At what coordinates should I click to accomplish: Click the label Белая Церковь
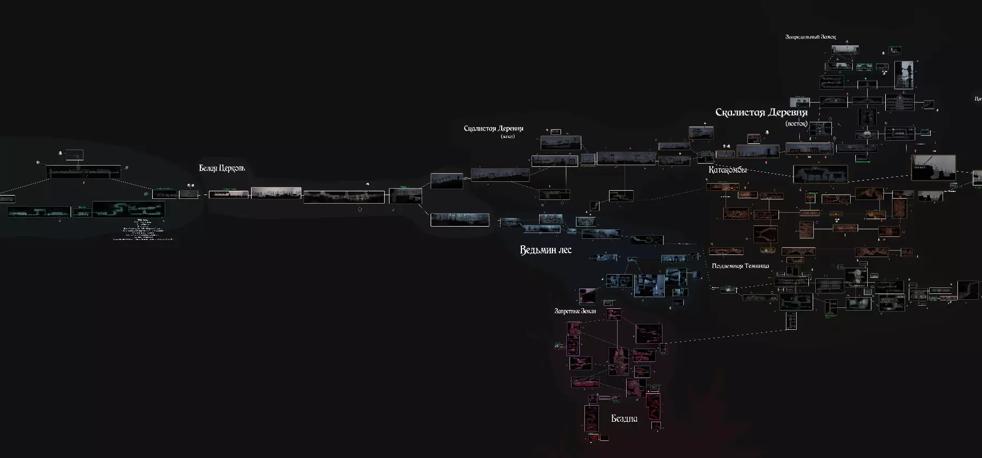coord(222,168)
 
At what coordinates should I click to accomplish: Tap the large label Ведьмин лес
coord(545,250)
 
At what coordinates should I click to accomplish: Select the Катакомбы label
coord(727,170)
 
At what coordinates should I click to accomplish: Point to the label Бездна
coord(624,418)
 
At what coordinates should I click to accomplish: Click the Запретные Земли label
coord(575,311)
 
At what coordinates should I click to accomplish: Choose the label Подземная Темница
coord(740,266)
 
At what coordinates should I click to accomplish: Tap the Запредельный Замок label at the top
coord(810,37)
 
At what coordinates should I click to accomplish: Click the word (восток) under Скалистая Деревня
coord(796,123)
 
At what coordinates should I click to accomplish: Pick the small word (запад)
coord(507,137)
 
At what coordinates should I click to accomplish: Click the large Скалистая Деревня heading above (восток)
coord(761,112)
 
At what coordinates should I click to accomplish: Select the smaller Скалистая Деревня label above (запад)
coord(493,128)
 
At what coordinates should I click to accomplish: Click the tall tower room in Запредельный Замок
coord(903,75)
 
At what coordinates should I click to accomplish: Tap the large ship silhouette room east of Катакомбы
coord(933,167)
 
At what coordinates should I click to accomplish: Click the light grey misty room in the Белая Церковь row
coord(276,193)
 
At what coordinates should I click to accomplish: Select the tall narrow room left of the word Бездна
coord(591,418)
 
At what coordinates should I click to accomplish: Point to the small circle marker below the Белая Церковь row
coord(360,209)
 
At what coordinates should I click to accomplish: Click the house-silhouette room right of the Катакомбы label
coord(820,174)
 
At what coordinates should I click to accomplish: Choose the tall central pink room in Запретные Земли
coord(619,361)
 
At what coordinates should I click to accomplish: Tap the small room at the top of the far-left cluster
coord(75,154)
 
